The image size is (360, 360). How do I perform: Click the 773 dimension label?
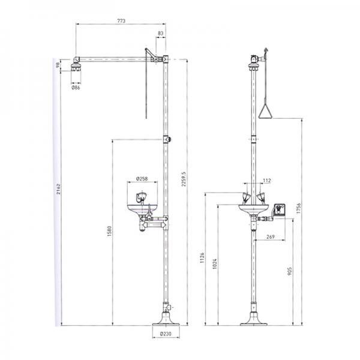(x=121, y=20)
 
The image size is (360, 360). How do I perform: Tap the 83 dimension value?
(x=160, y=33)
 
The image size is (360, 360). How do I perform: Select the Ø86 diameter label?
(x=76, y=88)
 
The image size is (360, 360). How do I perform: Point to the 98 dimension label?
(x=58, y=65)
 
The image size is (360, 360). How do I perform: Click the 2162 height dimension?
(x=58, y=189)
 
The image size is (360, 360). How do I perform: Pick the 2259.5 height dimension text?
(x=184, y=179)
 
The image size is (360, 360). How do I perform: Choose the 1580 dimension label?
(x=109, y=231)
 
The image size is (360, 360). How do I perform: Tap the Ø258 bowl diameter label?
(x=142, y=179)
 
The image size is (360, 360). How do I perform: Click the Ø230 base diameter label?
(x=166, y=334)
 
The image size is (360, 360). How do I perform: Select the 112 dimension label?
(x=267, y=181)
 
